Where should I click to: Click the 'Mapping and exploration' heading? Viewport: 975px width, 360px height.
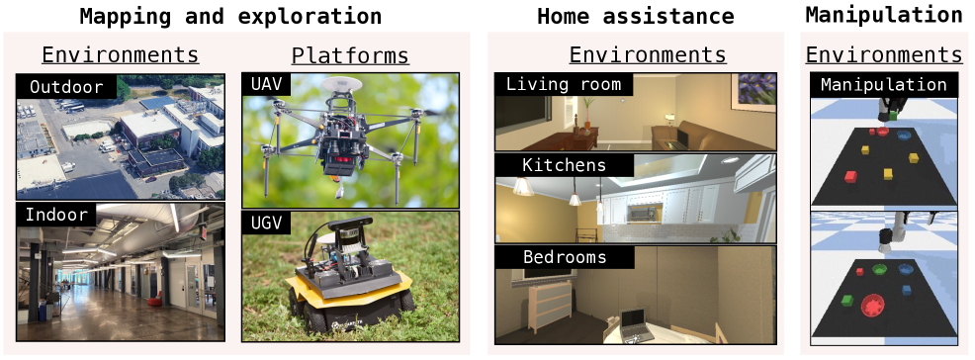[229, 16]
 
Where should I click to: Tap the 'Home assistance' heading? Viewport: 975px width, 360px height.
[635, 16]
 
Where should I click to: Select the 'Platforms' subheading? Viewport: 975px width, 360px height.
[350, 55]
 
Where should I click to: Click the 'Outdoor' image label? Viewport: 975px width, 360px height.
[65, 87]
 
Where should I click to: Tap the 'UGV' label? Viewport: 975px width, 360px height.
[266, 224]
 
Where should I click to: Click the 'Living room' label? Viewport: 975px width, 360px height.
[563, 85]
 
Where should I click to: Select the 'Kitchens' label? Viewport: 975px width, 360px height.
[552, 164]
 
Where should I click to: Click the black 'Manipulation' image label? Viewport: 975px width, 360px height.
[883, 85]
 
